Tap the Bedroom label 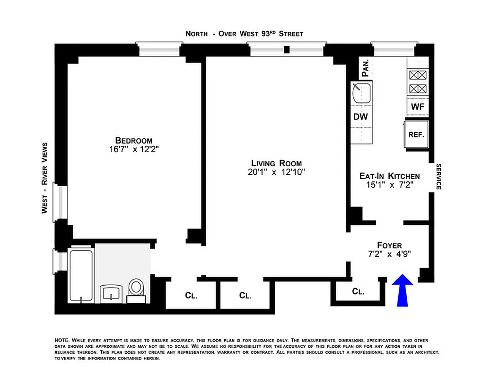point(134,140)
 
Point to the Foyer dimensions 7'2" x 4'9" point(389,253)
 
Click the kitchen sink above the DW point(362,93)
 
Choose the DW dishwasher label point(360,117)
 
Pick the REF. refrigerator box point(417,134)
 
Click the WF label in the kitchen point(417,107)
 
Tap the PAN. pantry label point(366,68)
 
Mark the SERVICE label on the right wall point(438,177)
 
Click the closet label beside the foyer point(358,292)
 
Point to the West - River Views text point(45,178)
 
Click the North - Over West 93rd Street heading point(244,34)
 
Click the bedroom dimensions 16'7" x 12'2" point(134,149)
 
